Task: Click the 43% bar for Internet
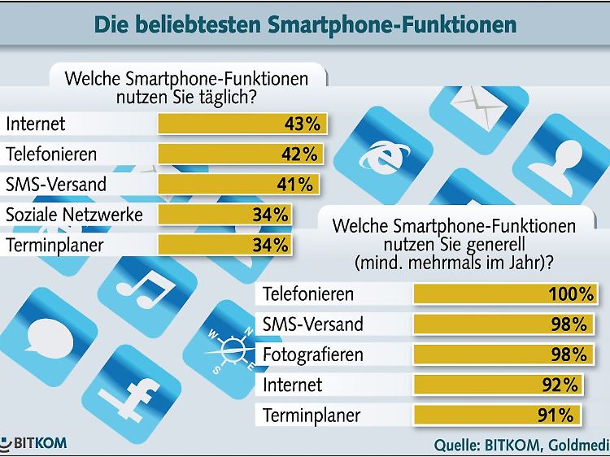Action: click(x=243, y=124)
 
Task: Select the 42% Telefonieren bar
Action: click(x=241, y=154)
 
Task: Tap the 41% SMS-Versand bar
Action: click(x=238, y=184)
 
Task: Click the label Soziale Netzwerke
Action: click(x=75, y=215)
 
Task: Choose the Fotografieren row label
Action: click(x=313, y=355)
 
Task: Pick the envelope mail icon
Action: click(x=474, y=101)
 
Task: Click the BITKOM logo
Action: click(x=34, y=444)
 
